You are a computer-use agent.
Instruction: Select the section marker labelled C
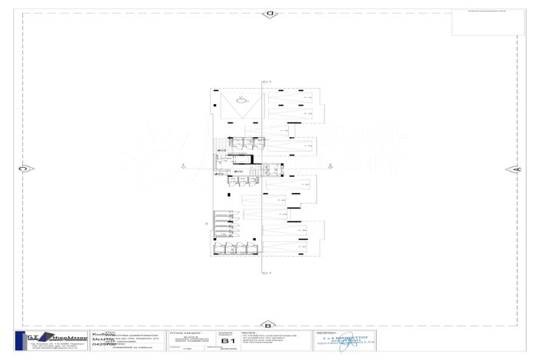(23, 169)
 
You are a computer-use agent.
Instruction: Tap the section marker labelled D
(270, 14)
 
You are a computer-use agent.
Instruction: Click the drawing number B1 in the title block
(226, 342)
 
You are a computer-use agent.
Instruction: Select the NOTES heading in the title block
(246, 333)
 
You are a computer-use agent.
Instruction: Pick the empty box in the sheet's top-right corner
(488, 23)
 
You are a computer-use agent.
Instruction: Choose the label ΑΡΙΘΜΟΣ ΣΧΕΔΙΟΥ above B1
(226, 334)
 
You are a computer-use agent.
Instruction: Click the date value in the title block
(226, 349)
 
